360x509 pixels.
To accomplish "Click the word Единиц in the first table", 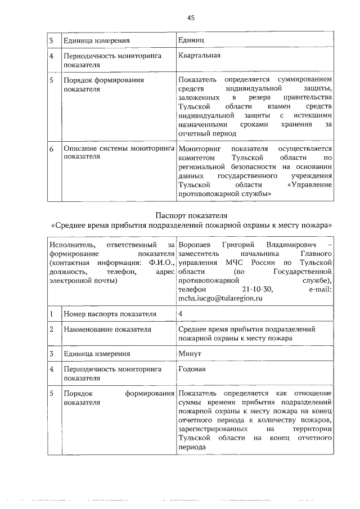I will tap(191, 40).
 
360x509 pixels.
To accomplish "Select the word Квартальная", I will tap(199, 56).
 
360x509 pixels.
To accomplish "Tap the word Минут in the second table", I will tap(190, 354).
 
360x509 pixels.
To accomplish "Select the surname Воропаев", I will tap(196, 245).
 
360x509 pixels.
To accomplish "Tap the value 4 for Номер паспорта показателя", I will tap(180, 313).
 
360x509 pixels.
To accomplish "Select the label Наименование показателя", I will tap(105, 329).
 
